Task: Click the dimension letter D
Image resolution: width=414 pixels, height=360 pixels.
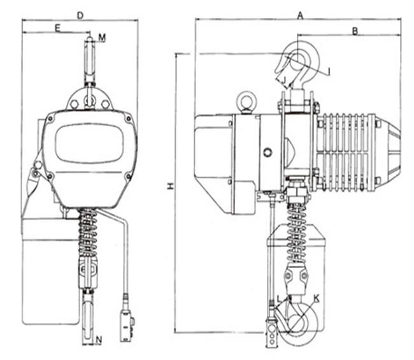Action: tap(80, 15)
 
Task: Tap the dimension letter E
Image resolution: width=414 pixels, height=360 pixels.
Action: tap(57, 28)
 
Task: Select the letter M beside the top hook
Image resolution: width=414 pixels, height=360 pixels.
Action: tap(102, 38)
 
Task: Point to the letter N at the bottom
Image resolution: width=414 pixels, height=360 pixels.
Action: tap(99, 340)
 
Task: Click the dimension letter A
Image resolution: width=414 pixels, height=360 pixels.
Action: tap(300, 16)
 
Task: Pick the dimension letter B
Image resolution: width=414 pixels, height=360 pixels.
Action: tap(355, 31)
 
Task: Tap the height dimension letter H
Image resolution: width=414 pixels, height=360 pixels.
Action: tap(171, 187)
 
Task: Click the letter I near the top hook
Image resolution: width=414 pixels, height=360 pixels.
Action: tap(329, 71)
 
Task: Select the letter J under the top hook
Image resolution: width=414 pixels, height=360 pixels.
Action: tap(284, 80)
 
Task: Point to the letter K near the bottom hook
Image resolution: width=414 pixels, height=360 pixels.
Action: tap(317, 299)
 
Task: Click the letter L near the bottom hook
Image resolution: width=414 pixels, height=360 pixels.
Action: tap(280, 299)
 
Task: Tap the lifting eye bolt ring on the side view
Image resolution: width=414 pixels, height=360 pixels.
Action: tap(246, 100)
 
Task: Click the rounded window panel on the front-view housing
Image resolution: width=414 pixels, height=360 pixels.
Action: tap(89, 143)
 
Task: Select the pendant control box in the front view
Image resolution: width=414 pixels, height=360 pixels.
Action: tap(127, 326)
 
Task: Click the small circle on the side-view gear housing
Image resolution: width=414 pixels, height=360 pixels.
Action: tap(268, 152)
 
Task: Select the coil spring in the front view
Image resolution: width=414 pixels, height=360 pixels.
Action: tap(88, 233)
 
